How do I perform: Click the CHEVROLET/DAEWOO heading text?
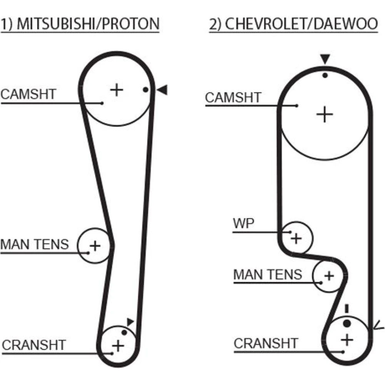300,24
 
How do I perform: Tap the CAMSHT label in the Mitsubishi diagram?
28,94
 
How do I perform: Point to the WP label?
244,224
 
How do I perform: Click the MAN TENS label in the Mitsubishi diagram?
35,244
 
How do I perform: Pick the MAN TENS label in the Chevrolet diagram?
268,275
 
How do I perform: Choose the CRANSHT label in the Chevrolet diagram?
266,343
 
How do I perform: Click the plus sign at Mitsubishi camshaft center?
116,90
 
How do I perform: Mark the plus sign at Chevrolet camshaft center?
324,114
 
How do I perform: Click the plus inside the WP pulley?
296,238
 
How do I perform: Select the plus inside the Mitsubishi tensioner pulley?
95,245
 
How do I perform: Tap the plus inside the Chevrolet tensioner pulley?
328,276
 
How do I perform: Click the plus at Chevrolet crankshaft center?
347,340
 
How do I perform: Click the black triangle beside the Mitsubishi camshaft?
162,90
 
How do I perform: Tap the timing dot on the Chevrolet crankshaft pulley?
347,323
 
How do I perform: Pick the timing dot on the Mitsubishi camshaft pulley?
145,90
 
